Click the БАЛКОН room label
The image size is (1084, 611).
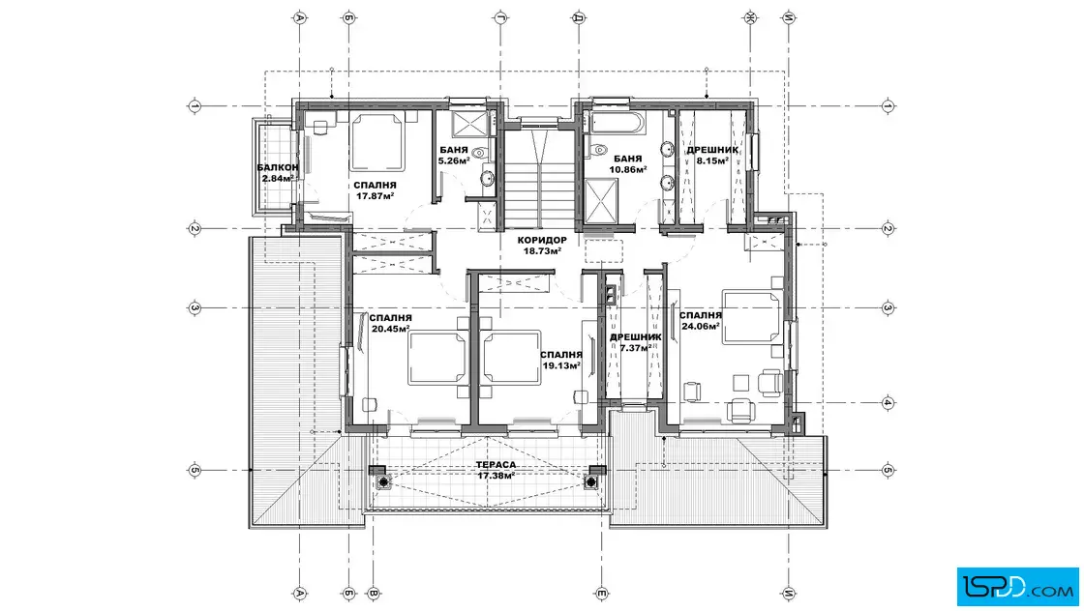click(x=278, y=168)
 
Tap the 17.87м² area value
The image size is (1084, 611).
click(x=376, y=196)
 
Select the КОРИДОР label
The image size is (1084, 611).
click(x=542, y=241)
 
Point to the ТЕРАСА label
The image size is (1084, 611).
click(x=496, y=465)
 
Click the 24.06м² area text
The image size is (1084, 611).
click(x=701, y=327)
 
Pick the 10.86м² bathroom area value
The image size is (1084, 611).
click(x=628, y=169)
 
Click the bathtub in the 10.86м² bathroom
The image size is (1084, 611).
click(x=617, y=123)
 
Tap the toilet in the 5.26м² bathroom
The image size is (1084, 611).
click(x=480, y=153)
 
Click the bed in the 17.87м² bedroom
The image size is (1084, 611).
click(x=376, y=142)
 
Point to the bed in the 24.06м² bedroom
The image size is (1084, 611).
click(x=751, y=317)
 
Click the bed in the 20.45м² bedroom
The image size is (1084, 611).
click(x=437, y=358)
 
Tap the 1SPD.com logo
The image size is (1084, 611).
click(x=1017, y=587)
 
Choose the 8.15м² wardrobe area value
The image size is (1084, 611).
click(x=712, y=160)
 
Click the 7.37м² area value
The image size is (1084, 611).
click(x=635, y=348)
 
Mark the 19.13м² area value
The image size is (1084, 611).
click(x=560, y=365)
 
